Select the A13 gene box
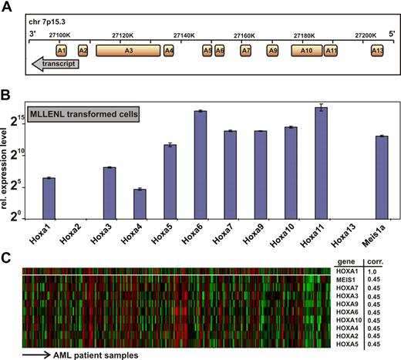point(376,50)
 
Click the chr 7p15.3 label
point(55,18)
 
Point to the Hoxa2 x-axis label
point(79,229)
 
